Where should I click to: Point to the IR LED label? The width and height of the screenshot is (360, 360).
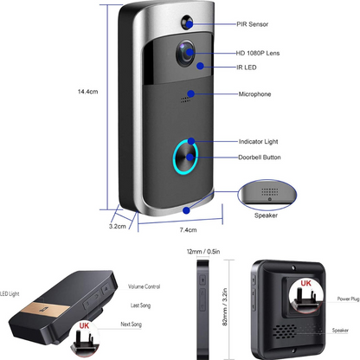click(250, 67)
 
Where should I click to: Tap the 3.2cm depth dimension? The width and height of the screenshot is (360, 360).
click(118, 227)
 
